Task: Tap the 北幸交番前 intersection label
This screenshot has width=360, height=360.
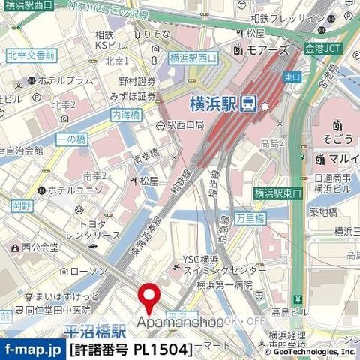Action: [x=31, y=56]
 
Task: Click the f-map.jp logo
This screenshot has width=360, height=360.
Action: [x=32, y=349]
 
